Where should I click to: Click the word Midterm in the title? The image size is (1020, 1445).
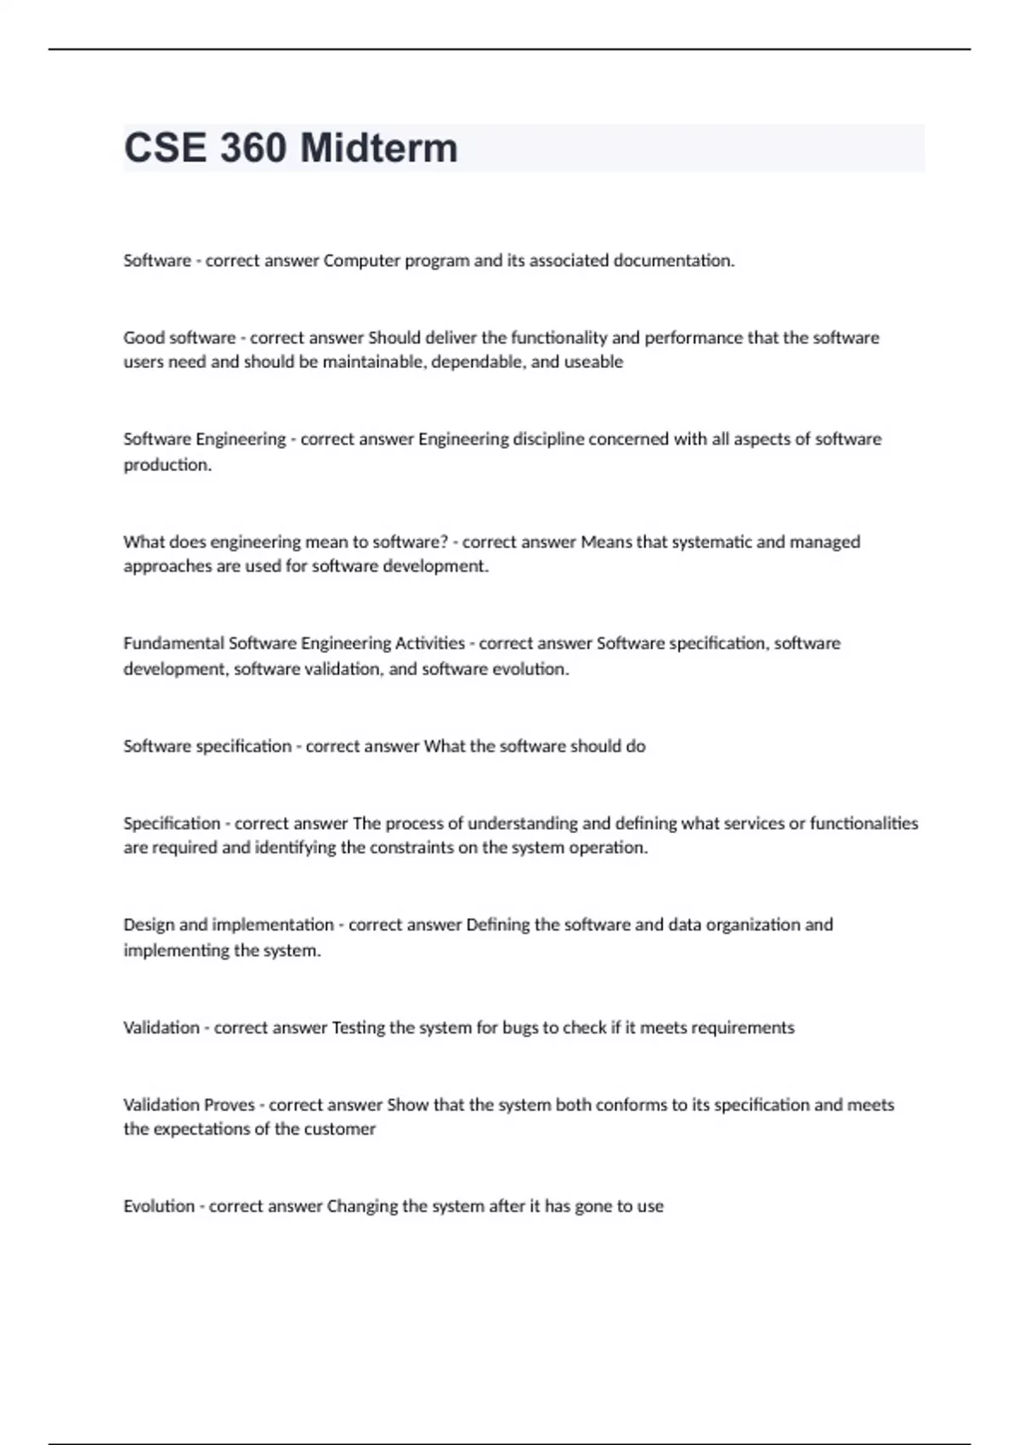pos(379,148)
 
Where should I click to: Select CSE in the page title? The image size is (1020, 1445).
pos(166,148)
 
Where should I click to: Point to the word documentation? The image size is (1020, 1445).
pos(674,261)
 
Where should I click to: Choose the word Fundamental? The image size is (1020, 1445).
pos(173,643)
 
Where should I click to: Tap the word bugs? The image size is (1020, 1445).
pos(519,1028)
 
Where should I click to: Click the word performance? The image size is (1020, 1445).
pos(693,337)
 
